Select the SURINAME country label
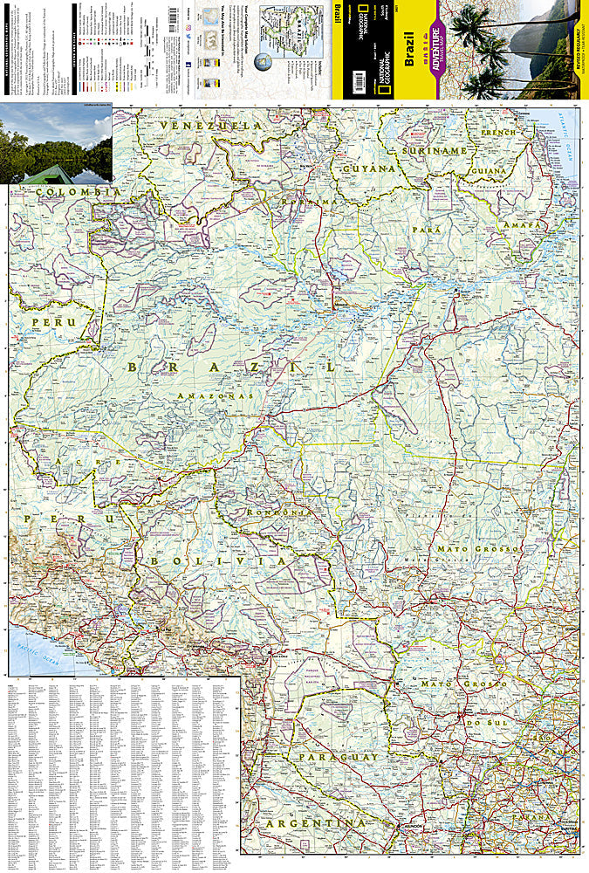point(435,150)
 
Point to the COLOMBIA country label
point(58,191)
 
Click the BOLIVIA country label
point(202,560)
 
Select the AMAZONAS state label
point(214,396)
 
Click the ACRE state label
point(98,461)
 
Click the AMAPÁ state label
point(521,225)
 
